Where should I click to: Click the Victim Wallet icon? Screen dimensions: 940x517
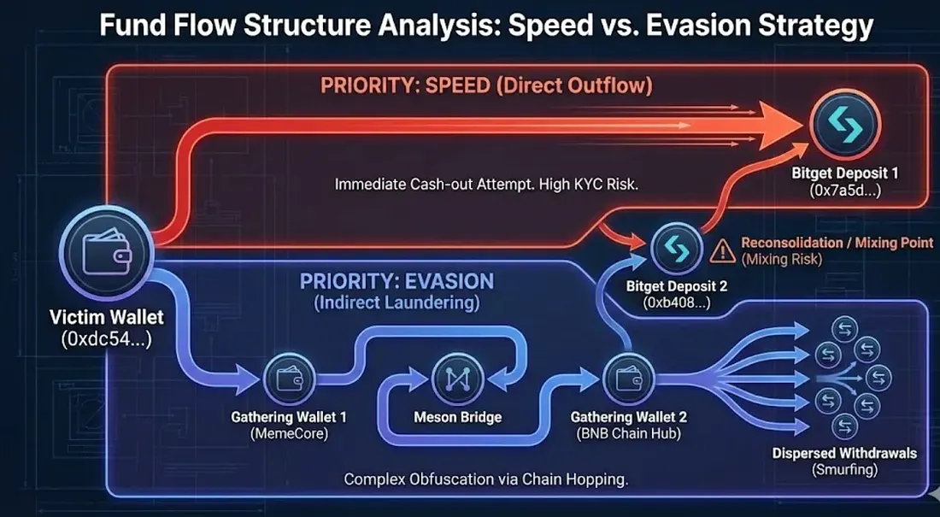point(107,253)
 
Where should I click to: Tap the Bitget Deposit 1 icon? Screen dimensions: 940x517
point(844,124)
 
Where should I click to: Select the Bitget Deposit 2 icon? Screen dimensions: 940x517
point(676,248)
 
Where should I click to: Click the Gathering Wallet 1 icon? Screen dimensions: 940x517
point(289,379)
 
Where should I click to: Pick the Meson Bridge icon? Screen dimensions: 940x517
point(457,379)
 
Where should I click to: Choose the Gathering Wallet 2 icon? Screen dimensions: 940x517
point(628,379)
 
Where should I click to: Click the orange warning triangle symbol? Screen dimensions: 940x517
point(722,250)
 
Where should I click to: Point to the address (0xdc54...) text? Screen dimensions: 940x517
point(106,339)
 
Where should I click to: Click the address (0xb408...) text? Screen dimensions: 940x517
point(676,303)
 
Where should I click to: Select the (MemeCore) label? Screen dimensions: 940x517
point(288,433)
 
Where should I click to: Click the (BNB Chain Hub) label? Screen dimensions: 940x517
point(628,433)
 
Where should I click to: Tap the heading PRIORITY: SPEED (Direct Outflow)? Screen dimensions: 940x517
point(486,85)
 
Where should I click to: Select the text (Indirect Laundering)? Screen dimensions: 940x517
point(397,303)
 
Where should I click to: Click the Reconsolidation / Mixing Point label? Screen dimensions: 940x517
point(837,243)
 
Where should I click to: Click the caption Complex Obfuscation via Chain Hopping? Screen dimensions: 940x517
point(485,479)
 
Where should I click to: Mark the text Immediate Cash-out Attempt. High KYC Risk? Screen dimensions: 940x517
point(486,184)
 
